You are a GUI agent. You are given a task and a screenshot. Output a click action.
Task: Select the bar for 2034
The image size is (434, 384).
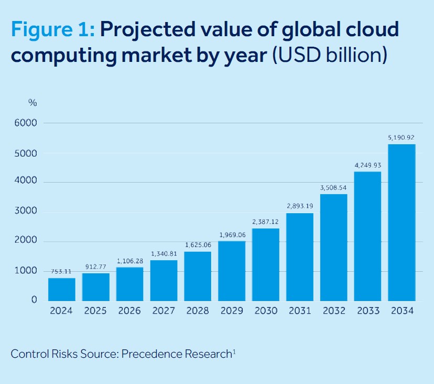[402, 222]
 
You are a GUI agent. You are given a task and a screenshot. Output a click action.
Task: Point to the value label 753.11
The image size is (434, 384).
[62, 271]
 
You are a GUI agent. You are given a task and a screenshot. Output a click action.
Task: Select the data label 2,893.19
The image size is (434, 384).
[300, 207]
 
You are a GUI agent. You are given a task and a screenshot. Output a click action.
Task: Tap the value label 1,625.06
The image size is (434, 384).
[198, 245]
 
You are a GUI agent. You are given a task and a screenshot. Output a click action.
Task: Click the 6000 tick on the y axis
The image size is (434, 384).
[26, 123]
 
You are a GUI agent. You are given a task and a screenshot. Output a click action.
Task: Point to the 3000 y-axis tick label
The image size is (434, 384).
[26, 212]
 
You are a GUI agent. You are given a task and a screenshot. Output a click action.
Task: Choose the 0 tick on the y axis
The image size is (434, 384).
[34, 300]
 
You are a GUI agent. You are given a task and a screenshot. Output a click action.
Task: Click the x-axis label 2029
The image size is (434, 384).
[232, 311]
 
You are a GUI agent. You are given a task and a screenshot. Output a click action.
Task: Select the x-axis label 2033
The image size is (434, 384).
[368, 311]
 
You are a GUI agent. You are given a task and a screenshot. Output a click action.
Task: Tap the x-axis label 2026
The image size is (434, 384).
[129, 311]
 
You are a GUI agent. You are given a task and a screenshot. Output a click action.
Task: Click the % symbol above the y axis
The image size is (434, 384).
[32, 103]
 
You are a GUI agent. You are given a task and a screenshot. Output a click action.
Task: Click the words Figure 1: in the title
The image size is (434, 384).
[52, 30]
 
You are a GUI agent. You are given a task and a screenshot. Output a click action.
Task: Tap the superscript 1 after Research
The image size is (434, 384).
[234, 351]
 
